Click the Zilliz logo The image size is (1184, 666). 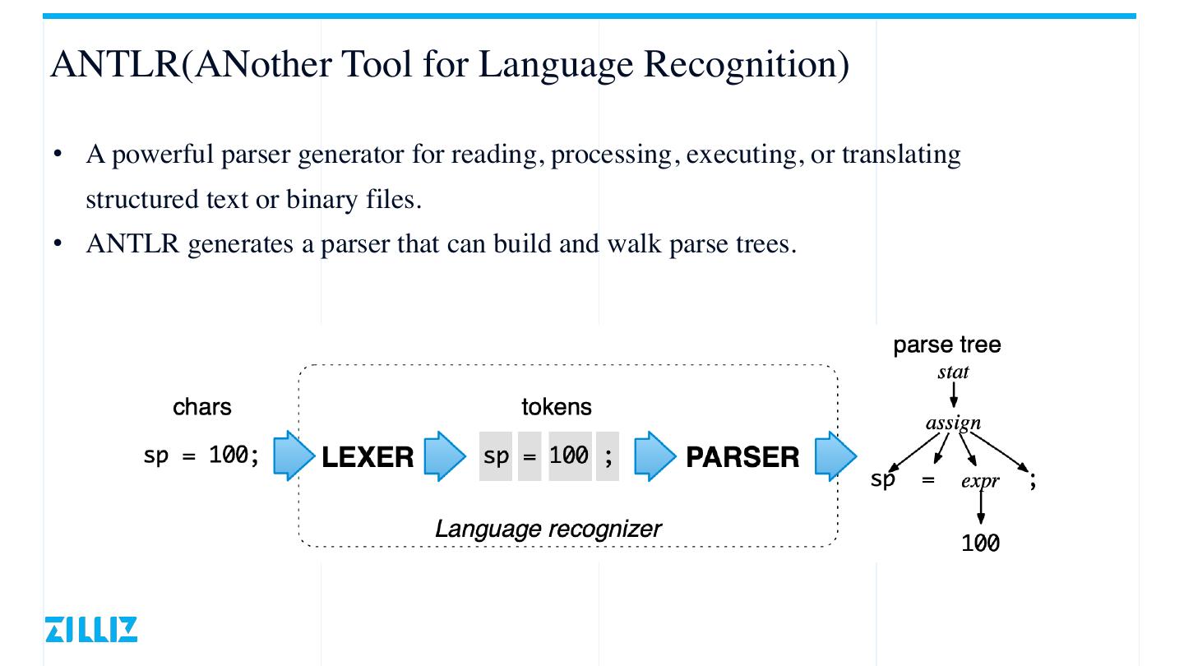(92, 629)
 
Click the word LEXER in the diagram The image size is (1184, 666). (368, 457)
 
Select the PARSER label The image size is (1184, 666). (742, 457)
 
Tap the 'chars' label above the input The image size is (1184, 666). (202, 407)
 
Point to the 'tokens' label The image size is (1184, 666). (557, 407)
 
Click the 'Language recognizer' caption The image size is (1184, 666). (548, 528)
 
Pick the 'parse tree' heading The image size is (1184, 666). (947, 345)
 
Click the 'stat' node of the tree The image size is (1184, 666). (953, 372)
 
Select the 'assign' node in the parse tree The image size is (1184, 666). (953, 423)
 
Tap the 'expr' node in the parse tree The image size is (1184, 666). (980, 481)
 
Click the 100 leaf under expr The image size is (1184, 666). (980, 543)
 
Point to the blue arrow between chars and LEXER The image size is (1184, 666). (294, 456)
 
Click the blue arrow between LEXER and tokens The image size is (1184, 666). (445, 456)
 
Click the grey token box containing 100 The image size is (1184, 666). (570, 456)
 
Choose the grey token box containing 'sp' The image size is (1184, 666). (496, 456)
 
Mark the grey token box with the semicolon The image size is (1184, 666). (608, 456)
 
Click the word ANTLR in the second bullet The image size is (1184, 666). (132, 244)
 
